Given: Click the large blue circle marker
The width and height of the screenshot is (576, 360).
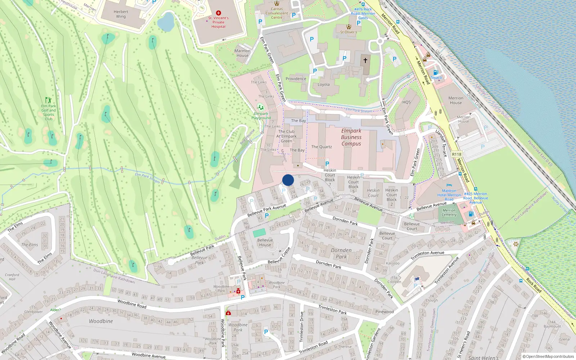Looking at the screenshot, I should point(288,180).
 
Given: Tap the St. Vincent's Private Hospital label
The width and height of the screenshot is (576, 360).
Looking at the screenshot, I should point(218,22).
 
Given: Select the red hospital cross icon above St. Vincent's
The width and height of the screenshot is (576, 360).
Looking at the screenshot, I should point(219,13).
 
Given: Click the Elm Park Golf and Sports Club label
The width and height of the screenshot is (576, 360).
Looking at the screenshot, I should point(49,112).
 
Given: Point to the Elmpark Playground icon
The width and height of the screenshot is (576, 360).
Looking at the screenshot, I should point(260,107).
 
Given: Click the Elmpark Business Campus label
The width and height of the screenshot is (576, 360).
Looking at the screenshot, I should point(351,137).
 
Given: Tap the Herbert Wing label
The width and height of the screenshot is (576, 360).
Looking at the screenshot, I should point(121,14).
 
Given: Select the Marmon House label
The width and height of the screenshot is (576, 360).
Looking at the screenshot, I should point(242,53).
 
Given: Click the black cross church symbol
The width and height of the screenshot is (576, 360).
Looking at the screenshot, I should point(365,60).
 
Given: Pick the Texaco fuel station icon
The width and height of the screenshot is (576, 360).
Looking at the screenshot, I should point(436,72).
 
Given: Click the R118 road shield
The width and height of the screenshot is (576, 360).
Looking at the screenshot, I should point(456,154).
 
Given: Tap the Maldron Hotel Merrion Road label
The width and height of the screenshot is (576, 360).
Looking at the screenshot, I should point(449,195).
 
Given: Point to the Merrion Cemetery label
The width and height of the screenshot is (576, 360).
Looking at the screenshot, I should point(449,212).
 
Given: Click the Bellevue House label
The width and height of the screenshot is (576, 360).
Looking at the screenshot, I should point(265,243).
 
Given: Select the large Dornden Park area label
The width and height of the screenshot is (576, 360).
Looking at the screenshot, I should point(341,253).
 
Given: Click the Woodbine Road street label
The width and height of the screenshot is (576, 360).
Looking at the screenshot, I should point(132,303).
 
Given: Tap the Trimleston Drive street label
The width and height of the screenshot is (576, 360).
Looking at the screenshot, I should point(302,327).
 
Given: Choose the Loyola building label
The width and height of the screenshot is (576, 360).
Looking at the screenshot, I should point(324,85).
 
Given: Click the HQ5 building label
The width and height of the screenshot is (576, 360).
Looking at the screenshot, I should point(406,102).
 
